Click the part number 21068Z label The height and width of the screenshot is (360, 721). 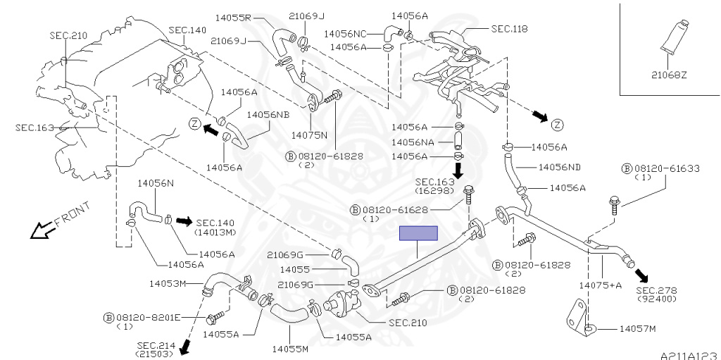tap(669, 75)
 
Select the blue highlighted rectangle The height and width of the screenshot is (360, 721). tap(418, 233)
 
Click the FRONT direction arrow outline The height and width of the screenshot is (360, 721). tap(43, 230)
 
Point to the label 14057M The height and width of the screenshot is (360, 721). tap(637, 329)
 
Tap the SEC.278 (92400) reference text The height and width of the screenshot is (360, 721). tap(657, 294)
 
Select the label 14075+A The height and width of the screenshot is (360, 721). tap(600, 285)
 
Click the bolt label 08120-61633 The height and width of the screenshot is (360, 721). tap(667, 169)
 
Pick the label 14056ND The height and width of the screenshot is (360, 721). tap(559, 167)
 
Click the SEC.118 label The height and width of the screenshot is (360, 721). tap(510, 29)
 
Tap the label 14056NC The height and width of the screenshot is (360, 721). tap(345, 34)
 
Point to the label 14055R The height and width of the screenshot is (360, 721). tap(232, 18)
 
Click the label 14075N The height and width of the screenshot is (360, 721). tap(310, 135)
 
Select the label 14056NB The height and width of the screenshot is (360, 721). tap(268, 115)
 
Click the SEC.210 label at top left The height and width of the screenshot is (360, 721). tap(68, 35)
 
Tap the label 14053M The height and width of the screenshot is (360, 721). tap(167, 283)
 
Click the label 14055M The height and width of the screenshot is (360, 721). tap(290, 349)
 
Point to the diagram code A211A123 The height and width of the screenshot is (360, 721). tap(690, 355)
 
